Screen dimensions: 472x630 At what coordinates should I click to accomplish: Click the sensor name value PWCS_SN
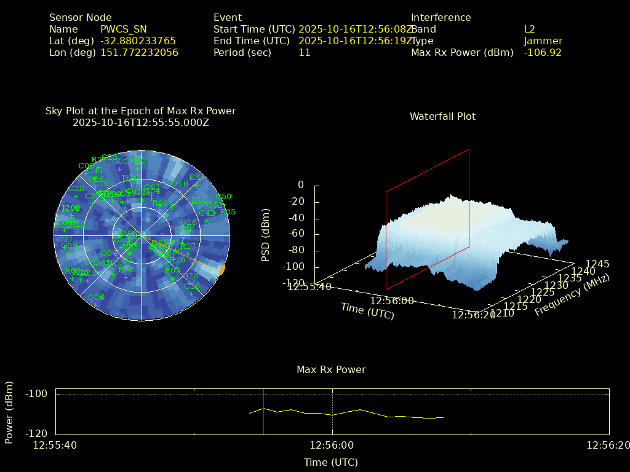click(x=124, y=29)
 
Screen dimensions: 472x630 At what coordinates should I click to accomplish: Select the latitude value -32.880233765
click(x=138, y=41)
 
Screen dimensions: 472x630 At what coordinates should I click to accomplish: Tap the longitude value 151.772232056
click(x=139, y=53)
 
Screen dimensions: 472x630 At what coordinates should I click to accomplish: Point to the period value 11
click(x=304, y=53)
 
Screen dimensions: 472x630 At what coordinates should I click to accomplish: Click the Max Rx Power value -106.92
click(x=543, y=53)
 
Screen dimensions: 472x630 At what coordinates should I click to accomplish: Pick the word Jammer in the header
click(x=543, y=41)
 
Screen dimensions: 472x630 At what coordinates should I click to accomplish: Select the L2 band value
click(x=529, y=29)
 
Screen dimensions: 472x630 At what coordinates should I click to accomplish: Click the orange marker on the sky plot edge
click(x=222, y=269)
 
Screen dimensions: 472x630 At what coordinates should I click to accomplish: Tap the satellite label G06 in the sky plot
click(x=96, y=297)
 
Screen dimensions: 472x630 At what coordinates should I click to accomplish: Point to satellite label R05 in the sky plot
click(x=228, y=212)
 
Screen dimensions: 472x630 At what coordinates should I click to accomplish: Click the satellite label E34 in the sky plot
click(x=197, y=178)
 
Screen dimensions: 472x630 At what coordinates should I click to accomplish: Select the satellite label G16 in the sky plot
click(x=180, y=184)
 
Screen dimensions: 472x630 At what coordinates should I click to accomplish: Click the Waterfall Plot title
click(x=442, y=117)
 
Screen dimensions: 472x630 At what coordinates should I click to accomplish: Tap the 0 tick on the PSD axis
click(x=300, y=185)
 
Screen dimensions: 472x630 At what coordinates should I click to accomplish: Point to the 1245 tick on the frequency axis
click(x=597, y=264)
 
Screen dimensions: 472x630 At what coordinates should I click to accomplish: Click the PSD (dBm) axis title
click(x=266, y=234)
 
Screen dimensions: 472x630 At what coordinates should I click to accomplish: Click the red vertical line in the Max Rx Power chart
click(x=263, y=412)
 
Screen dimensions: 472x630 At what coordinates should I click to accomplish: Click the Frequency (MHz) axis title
click(x=572, y=296)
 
